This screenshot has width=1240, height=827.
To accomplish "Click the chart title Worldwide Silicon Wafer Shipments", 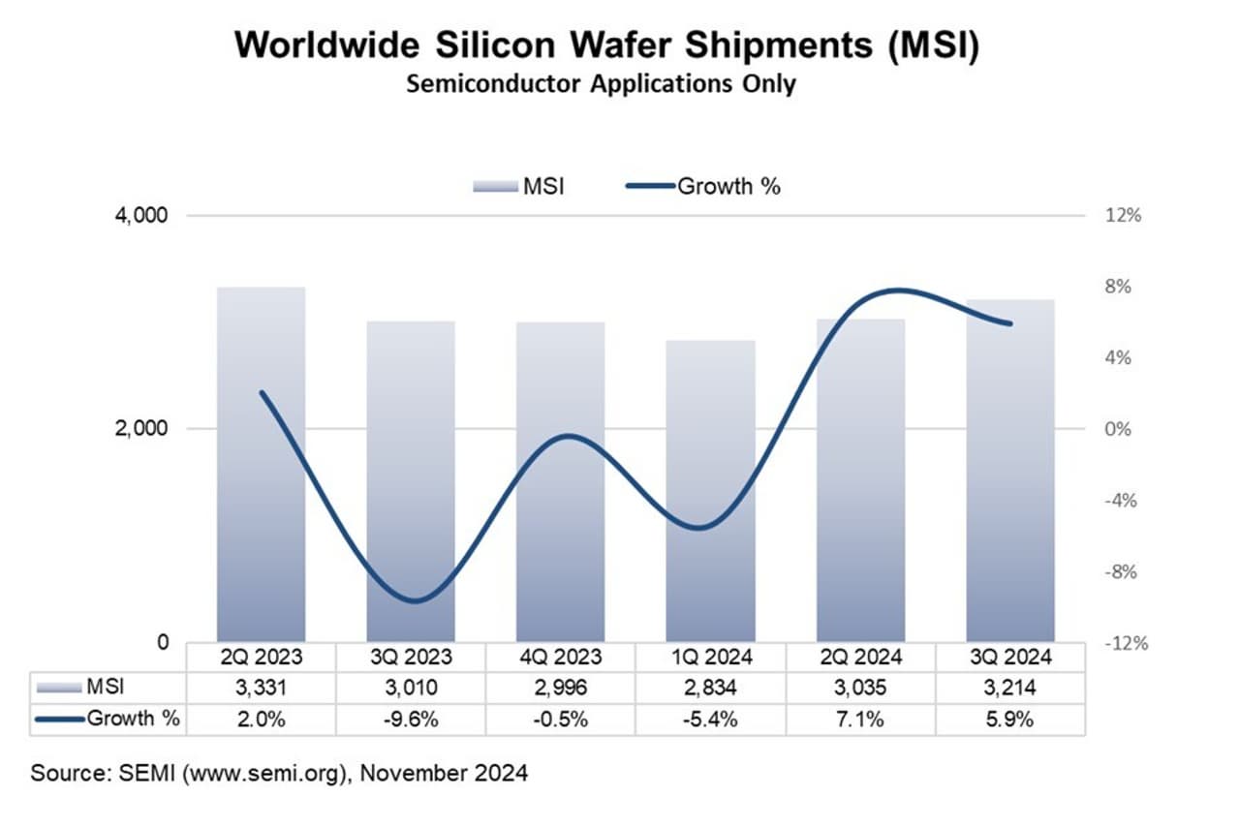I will click(x=606, y=45).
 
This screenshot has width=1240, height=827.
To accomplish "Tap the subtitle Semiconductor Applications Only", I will click(x=601, y=84).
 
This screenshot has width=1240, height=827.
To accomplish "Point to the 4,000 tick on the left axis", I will click(x=142, y=215).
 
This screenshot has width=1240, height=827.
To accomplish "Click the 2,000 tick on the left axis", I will click(x=142, y=429).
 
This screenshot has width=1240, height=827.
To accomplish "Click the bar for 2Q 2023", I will click(x=261, y=465).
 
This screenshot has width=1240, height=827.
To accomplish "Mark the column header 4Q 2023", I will click(x=560, y=657).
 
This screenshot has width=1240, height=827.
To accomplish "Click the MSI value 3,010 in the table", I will click(x=410, y=688).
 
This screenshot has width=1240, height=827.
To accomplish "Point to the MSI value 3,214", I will click(x=1010, y=688).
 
